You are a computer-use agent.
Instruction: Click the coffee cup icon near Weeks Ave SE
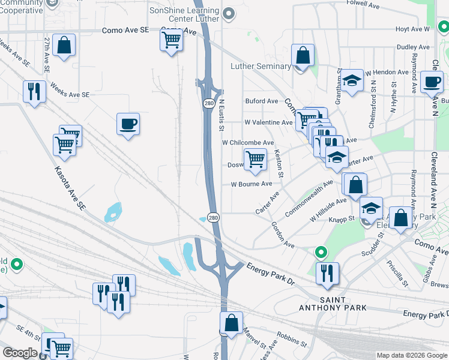128,124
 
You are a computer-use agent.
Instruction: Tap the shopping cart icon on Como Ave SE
172,40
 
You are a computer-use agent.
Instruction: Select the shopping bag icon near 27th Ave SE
64,45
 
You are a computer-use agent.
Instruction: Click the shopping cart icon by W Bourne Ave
256,159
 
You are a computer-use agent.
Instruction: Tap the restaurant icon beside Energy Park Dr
327,273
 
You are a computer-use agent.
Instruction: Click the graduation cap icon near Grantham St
352,82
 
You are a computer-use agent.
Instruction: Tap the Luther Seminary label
261,66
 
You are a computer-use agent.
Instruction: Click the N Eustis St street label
221,115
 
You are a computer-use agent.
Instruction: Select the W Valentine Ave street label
268,122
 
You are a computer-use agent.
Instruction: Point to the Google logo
20,353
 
